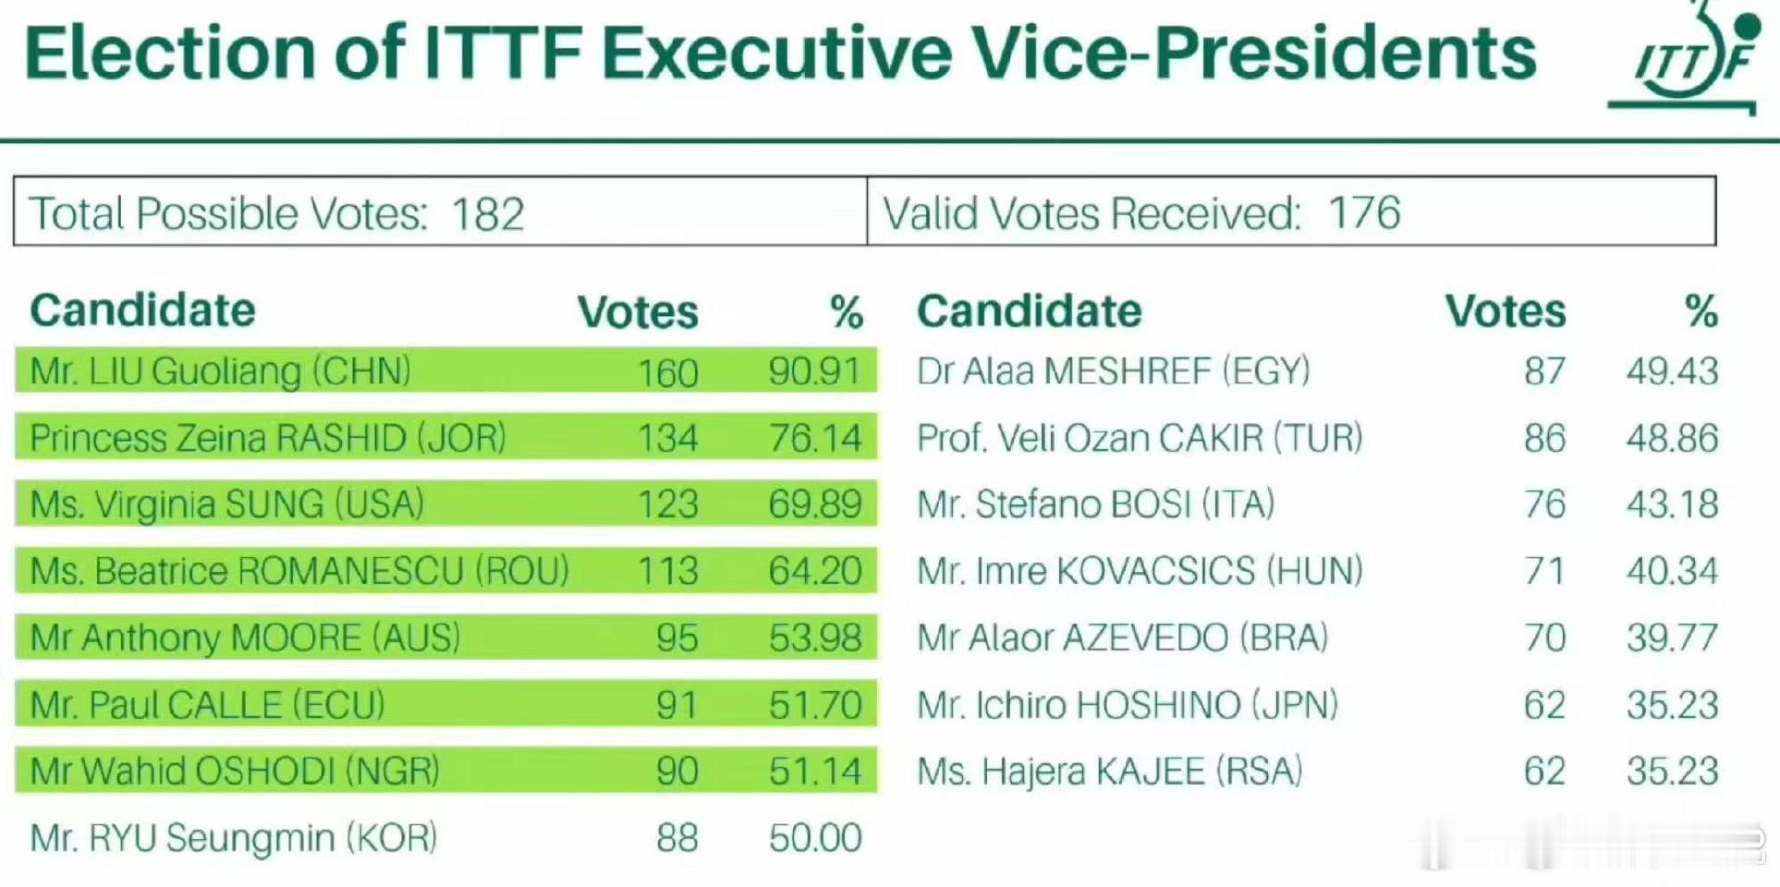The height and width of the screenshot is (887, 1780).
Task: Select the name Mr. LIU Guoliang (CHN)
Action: pyautogui.click(x=220, y=371)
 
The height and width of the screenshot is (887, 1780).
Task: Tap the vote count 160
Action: pyautogui.click(x=667, y=372)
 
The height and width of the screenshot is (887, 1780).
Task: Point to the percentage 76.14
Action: pyautogui.click(x=815, y=438)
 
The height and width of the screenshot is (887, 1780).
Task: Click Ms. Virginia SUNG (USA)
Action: pyautogui.click(x=226, y=504)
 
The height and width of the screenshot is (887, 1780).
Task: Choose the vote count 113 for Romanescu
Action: pyautogui.click(x=667, y=571)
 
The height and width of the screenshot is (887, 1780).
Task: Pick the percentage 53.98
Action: pyautogui.click(x=815, y=638)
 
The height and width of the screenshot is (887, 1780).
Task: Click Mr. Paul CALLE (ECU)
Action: pyautogui.click(x=207, y=705)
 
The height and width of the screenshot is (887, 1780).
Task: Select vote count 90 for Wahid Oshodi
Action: pyautogui.click(x=677, y=771)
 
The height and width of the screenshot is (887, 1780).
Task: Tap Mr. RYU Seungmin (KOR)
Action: pyautogui.click(x=233, y=838)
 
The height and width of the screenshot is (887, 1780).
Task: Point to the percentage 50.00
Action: pyautogui.click(x=815, y=838)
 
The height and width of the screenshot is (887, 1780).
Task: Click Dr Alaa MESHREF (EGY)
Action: pyautogui.click(x=1114, y=371)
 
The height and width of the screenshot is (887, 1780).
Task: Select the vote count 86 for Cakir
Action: pyautogui.click(x=1544, y=438)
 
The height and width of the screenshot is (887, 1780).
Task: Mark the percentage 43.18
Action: pyautogui.click(x=1672, y=504)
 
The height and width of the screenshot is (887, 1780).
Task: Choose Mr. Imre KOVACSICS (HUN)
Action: pyautogui.click(x=1140, y=571)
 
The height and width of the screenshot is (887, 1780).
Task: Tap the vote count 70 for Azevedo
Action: pyautogui.click(x=1544, y=638)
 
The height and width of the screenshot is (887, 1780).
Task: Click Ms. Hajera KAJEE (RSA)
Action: pyautogui.click(x=1110, y=772)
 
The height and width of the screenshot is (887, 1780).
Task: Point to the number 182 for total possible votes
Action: pyautogui.click(x=488, y=214)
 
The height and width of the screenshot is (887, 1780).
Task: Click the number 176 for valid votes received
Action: pyautogui.click(x=1364, y=213)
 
